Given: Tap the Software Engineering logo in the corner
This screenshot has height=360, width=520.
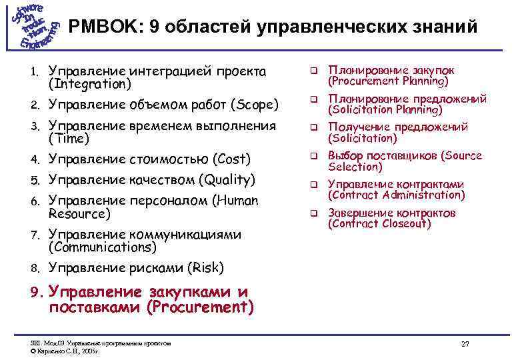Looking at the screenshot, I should pos(34,26).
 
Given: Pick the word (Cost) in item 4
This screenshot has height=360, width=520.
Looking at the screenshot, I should pos(231,159).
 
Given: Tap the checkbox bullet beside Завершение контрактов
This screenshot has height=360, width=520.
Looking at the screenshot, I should pos(311,214).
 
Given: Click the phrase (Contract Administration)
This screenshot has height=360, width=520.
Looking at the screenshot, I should pos(396,195).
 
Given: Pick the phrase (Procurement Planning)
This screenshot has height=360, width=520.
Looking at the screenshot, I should pos(387,81).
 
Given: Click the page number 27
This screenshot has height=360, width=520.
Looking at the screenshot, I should pos(465,343).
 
